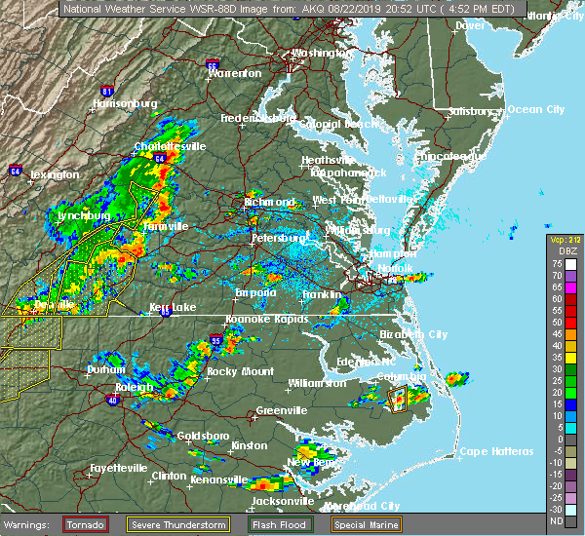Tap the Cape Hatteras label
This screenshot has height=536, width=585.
pyautogui.click(x=497, y=451)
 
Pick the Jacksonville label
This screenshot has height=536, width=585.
pyautogui.click(x=283, y=501)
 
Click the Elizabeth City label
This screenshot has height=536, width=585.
pyautogui.click(x=413, y=334)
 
